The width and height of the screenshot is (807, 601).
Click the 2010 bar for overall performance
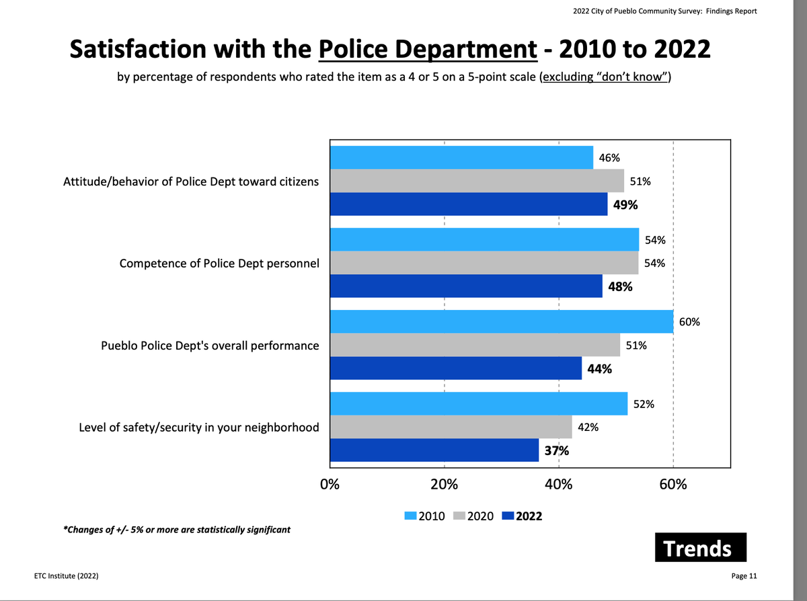(502, 322)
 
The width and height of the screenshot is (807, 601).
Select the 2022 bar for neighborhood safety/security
(434, 450)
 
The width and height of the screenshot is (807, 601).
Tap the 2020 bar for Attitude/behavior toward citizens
(477, 181)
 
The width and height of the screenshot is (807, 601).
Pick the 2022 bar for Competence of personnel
(466, 286)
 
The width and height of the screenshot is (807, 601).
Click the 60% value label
(690, 322)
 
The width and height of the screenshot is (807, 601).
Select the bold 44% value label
(599, 368)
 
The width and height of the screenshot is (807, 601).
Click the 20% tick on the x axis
(444, 485)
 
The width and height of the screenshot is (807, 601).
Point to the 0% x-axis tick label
(330, 485)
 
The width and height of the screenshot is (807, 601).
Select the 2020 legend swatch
(460, 516)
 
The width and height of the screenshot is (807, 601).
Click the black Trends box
(700, 548)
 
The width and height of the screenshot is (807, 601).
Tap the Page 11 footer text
(744, 576)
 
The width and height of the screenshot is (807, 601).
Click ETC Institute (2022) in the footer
(68, 576)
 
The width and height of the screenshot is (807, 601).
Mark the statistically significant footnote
(176, 530)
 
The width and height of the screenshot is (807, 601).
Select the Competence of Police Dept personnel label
(219, 264)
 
